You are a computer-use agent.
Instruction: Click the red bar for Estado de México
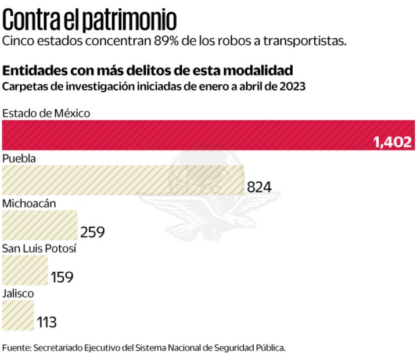click(x=186, y=135)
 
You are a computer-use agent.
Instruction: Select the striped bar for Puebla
click(x=123, y=180)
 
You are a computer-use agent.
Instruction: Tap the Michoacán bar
click(x=39, y=225)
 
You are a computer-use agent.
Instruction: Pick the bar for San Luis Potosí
click(x=25, y=271)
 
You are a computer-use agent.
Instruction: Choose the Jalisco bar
click(x=18, y=315)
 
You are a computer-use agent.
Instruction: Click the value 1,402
click(x=392, y=142)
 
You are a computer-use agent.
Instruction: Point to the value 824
click(x=259, y=187)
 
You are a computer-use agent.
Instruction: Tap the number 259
click(x=92, y=232)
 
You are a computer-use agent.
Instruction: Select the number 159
click(x=62, y=278)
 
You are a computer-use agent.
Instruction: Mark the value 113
click(x=47, y=322)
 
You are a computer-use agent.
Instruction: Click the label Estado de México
click(x=46, y=113)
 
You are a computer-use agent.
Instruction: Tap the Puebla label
click(x=19, y=158)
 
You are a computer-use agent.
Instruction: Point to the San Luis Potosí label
click(x=39, y=249)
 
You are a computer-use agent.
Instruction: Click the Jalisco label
click(x=18, y=293)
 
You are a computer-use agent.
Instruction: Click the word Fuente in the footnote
click(x=16, y=348)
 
